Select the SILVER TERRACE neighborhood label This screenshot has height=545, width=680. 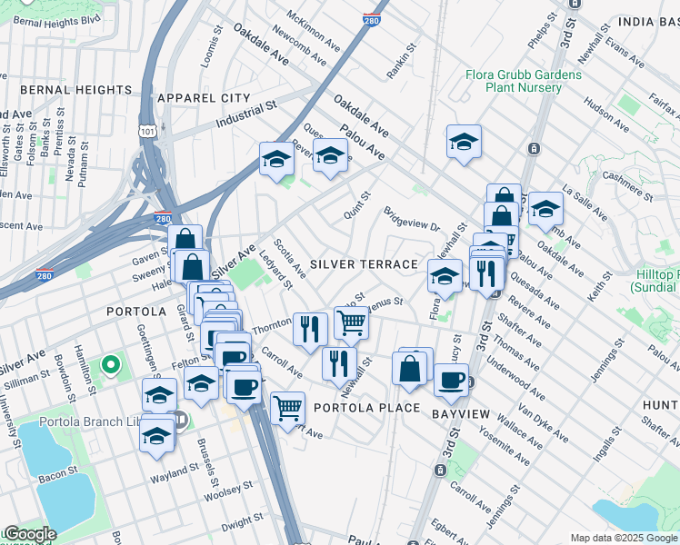pos(363,264)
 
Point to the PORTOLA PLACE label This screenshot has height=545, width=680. pos(366,408)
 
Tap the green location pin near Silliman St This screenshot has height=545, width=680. pos(110,365)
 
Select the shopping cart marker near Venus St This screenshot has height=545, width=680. pos(350,321)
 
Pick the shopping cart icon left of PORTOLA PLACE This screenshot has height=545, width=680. pos(287,406)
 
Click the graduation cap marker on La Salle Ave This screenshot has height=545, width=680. pos(545,208)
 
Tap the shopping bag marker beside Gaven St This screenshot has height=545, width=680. pos(185,240)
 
